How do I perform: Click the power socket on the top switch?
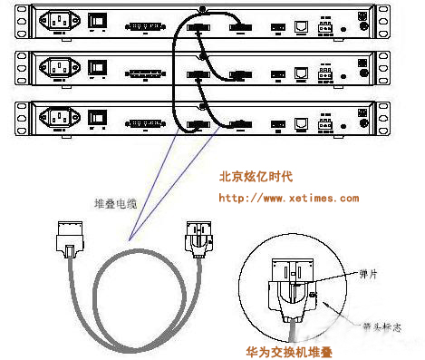pos(63,22)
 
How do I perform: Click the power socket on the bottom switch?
pos(63,123)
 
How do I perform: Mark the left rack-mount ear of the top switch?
pos(22,24)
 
